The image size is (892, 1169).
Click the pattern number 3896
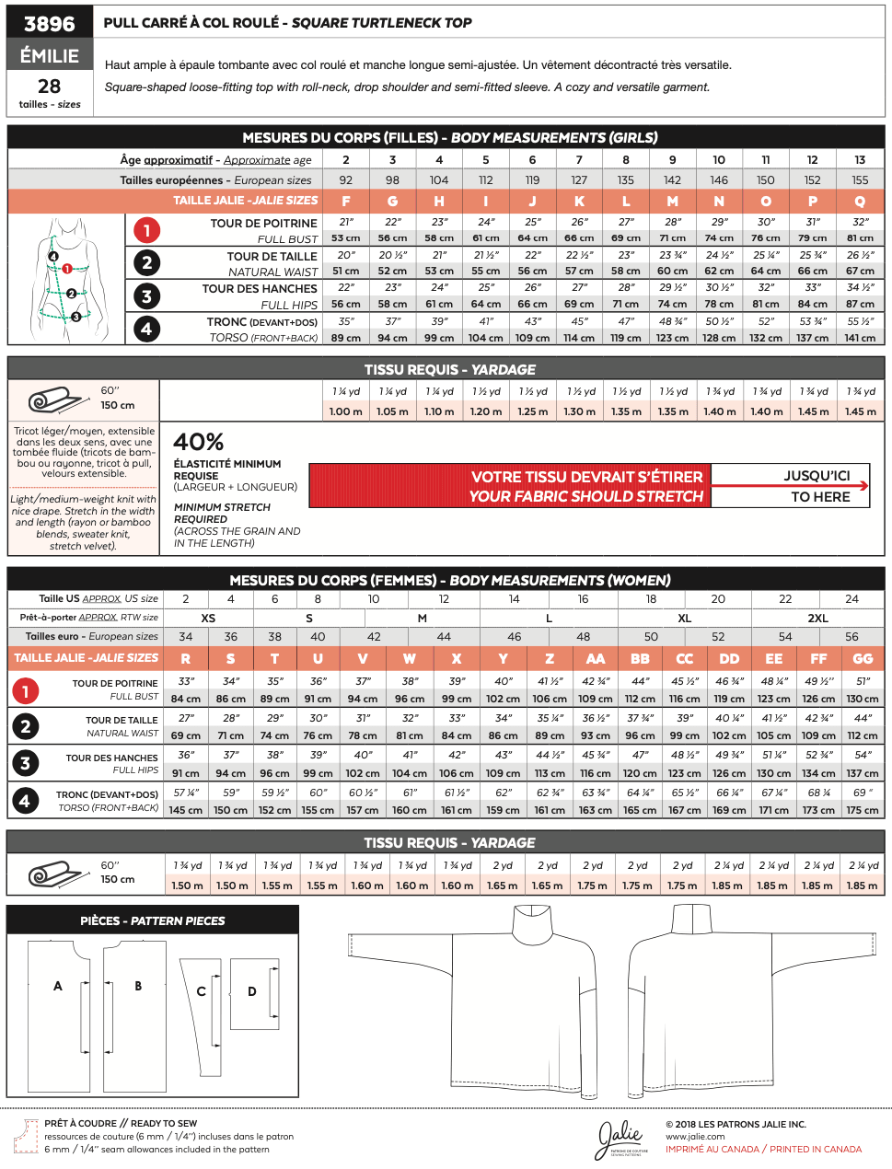(50, 23)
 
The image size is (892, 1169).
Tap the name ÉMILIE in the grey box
(50, 55)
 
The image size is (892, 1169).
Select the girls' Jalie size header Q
(860, 201)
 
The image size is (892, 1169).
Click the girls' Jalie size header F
(346, 201)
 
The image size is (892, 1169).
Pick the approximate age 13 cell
(860, 159)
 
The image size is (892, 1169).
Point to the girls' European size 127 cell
(579, 180)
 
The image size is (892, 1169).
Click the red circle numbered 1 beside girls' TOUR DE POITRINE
(146, 230)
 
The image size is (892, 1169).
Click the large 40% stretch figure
(199, 442)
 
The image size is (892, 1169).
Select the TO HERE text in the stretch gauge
(820, 497)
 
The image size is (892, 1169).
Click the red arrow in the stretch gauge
(790, 486)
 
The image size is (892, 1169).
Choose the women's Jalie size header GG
(863, 658)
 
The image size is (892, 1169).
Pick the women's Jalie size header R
(186, 658)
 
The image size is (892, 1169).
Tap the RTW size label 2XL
(817, 619)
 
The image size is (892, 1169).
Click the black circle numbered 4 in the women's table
(25, 801)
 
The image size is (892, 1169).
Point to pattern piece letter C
(201, 991)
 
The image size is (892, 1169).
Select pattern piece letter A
(58, 986)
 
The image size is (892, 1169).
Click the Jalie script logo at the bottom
(620, 1140)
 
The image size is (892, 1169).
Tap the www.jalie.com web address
(695, 1137)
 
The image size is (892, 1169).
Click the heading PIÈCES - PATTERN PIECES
(153, 920)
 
